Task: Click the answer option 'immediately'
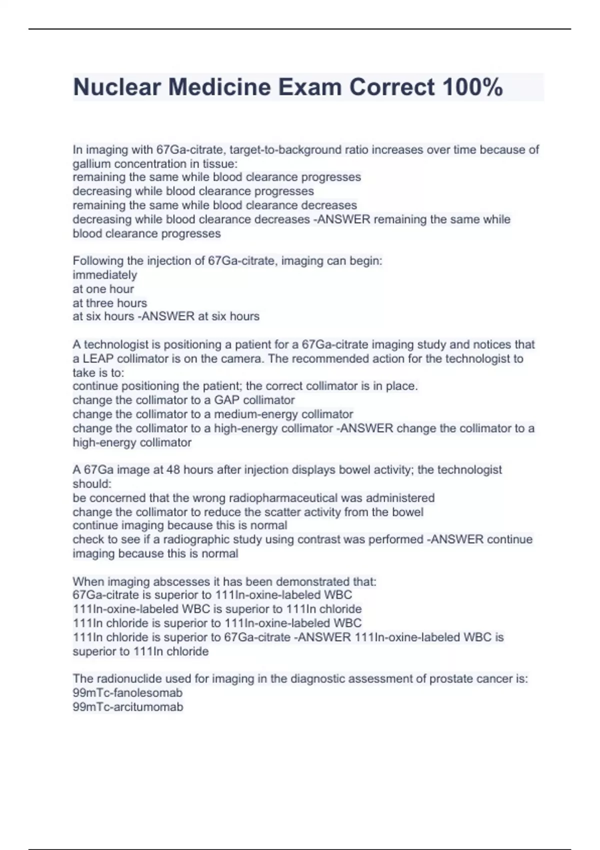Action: click(x=104, y=274)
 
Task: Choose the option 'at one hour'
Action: click(x=103, y=288)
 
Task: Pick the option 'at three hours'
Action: click(x=109, y=302)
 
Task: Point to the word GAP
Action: click(x=227, y=400)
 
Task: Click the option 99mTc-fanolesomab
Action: click(x=127, y=692)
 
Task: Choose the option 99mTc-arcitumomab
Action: click(x=127, y=706)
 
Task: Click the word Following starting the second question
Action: click(x=97, y=260)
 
